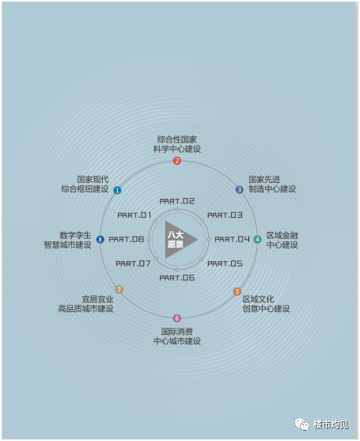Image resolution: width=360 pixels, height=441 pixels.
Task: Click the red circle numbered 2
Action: [x=176, y=161]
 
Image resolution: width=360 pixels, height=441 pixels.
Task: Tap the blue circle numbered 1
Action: [x=117, y=190]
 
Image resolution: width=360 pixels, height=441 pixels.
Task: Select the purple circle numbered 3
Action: [x=240, y=189]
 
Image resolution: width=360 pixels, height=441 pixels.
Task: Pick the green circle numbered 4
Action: [x=257, y=239]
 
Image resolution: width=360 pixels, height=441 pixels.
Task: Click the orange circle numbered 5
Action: [x=237, y=291]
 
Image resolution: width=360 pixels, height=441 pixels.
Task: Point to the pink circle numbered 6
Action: [x=176, y=318]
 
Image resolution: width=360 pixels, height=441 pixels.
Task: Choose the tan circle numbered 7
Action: [x=119, y=290]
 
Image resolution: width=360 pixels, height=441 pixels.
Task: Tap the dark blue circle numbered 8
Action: [x=100, y=239]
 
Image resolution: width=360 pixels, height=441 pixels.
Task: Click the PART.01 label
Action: [x=135, y=215]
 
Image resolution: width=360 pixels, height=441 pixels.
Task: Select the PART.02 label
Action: [x=177, y=201]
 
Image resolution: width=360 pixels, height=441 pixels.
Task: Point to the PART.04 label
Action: [x=232, y=239]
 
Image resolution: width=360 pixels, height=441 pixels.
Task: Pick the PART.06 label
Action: [x=177, y=278]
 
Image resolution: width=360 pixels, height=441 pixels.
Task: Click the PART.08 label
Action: [x=126, y=239]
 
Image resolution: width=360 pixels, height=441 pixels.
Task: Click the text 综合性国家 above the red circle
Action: [x=177, y=139]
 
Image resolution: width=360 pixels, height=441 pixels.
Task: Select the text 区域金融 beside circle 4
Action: [x=282, y=235]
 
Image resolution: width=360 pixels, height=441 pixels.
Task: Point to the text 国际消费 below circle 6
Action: [x=177, y=332]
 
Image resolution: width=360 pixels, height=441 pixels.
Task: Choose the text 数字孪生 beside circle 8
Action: [x=76, y=235]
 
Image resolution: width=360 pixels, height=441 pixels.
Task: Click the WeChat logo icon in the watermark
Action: [x=301, y=424]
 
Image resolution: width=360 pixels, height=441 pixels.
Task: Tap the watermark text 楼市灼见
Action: [x=331, y=424]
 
